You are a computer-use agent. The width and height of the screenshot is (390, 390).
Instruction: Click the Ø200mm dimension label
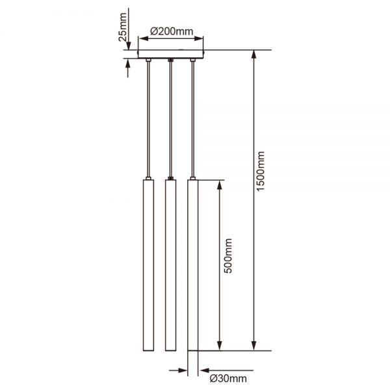click(172, 32)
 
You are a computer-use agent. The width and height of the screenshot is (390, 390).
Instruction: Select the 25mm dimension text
click(123, 27)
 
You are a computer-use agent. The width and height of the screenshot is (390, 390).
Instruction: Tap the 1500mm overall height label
click(261, 171)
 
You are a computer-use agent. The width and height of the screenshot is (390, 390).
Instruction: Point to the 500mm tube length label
click(228, 255)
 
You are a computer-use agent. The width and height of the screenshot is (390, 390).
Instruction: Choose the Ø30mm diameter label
click(228, 378)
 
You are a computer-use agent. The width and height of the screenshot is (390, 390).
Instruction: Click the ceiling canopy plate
click(170, 54)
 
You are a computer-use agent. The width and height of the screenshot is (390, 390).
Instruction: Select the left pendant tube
click(148, 265)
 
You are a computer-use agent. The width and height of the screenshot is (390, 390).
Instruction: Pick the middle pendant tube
click(170, 265)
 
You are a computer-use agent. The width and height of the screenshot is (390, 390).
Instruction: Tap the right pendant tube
click(193, 265)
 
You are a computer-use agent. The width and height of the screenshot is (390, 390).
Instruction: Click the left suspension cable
click(148, 119)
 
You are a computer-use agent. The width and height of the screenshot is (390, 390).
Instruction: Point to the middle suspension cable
click(170, 119)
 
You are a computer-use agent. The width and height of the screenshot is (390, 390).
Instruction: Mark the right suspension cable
click(193, 119)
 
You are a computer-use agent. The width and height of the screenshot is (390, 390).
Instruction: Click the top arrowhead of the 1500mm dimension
click(253, 54)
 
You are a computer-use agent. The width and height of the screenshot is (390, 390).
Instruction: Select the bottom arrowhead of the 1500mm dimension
click(253, 346)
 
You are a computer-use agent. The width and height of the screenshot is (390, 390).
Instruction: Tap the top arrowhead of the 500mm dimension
click(220, 185)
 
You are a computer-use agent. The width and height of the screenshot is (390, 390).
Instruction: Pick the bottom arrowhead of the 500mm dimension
click(220, 346)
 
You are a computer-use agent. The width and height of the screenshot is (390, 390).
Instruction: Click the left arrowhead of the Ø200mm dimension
click(144, 38)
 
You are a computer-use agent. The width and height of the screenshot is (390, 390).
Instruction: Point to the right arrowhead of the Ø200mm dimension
click(198, 38)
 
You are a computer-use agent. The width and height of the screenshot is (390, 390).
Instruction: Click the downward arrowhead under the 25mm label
click(128, 45)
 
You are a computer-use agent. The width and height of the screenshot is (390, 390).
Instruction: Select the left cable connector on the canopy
click(148, 60)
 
